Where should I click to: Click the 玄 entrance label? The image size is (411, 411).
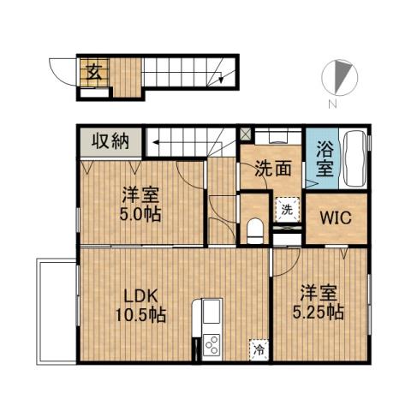[92, 71]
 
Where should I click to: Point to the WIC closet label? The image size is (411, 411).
[334, 216]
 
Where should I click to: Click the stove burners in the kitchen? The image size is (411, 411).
[211, 347]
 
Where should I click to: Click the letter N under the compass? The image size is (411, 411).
[331, 105]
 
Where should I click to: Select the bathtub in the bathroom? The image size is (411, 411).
[354, 159]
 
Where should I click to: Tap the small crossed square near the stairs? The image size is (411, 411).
[246, 134]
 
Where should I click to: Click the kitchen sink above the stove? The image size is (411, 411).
[211, 312]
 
